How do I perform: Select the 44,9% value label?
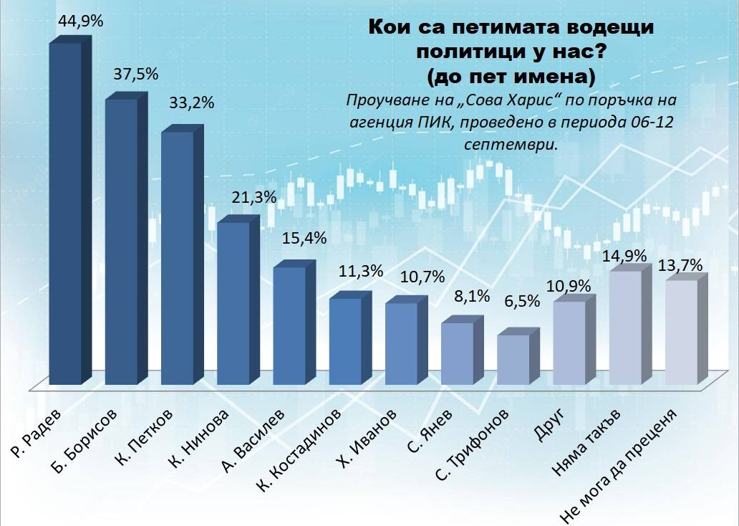click(79, 21)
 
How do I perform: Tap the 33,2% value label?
click(191, 103)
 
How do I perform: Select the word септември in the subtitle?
click(510, 144)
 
